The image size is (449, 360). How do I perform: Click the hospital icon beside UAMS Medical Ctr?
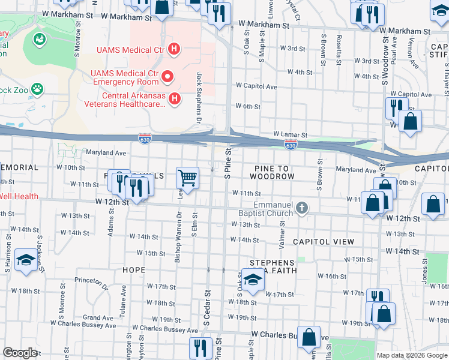[x=174, y=49]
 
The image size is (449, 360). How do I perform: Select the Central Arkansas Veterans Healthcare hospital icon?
[x=175, y=98]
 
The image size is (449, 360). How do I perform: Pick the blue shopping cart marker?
[x=187, y=178]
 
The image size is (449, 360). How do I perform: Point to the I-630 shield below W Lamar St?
[x=291, y=145]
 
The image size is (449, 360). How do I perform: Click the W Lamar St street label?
[x=290, y=135]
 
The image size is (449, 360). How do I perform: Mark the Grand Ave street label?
[x=94, y=317]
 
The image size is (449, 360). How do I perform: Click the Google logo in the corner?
[x=20, y=353]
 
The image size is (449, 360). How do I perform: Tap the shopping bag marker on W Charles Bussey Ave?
[x=309, y=338]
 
